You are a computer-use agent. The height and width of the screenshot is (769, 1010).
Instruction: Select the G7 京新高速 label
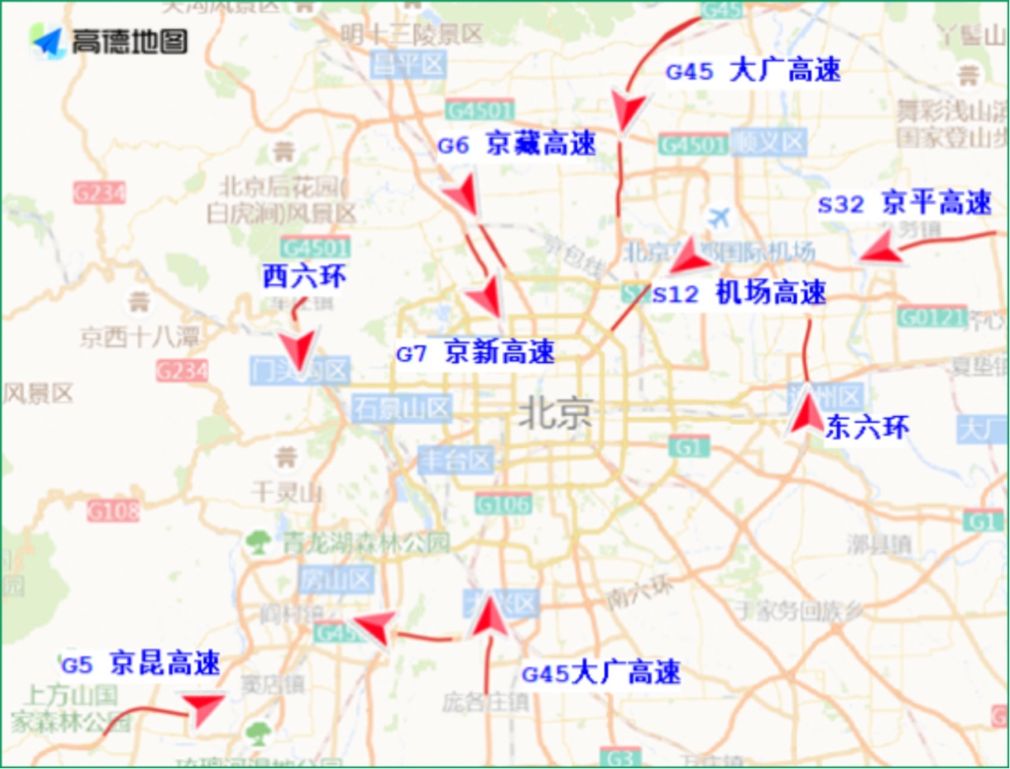475,354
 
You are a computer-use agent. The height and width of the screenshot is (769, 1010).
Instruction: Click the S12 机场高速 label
739,294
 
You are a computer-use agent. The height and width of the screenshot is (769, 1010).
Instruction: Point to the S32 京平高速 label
903,203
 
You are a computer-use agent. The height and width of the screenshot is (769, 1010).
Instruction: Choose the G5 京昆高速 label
141,664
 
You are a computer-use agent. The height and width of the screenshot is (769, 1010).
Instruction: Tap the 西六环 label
304,277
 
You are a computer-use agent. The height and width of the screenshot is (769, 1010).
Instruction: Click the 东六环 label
866,428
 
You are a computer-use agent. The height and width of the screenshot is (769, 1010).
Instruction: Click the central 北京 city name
555,414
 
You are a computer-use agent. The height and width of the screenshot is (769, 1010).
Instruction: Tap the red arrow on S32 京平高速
880,250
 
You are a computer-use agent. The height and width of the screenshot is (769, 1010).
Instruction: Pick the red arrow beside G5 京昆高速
202,709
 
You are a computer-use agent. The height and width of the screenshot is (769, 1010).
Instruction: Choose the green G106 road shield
502,505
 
